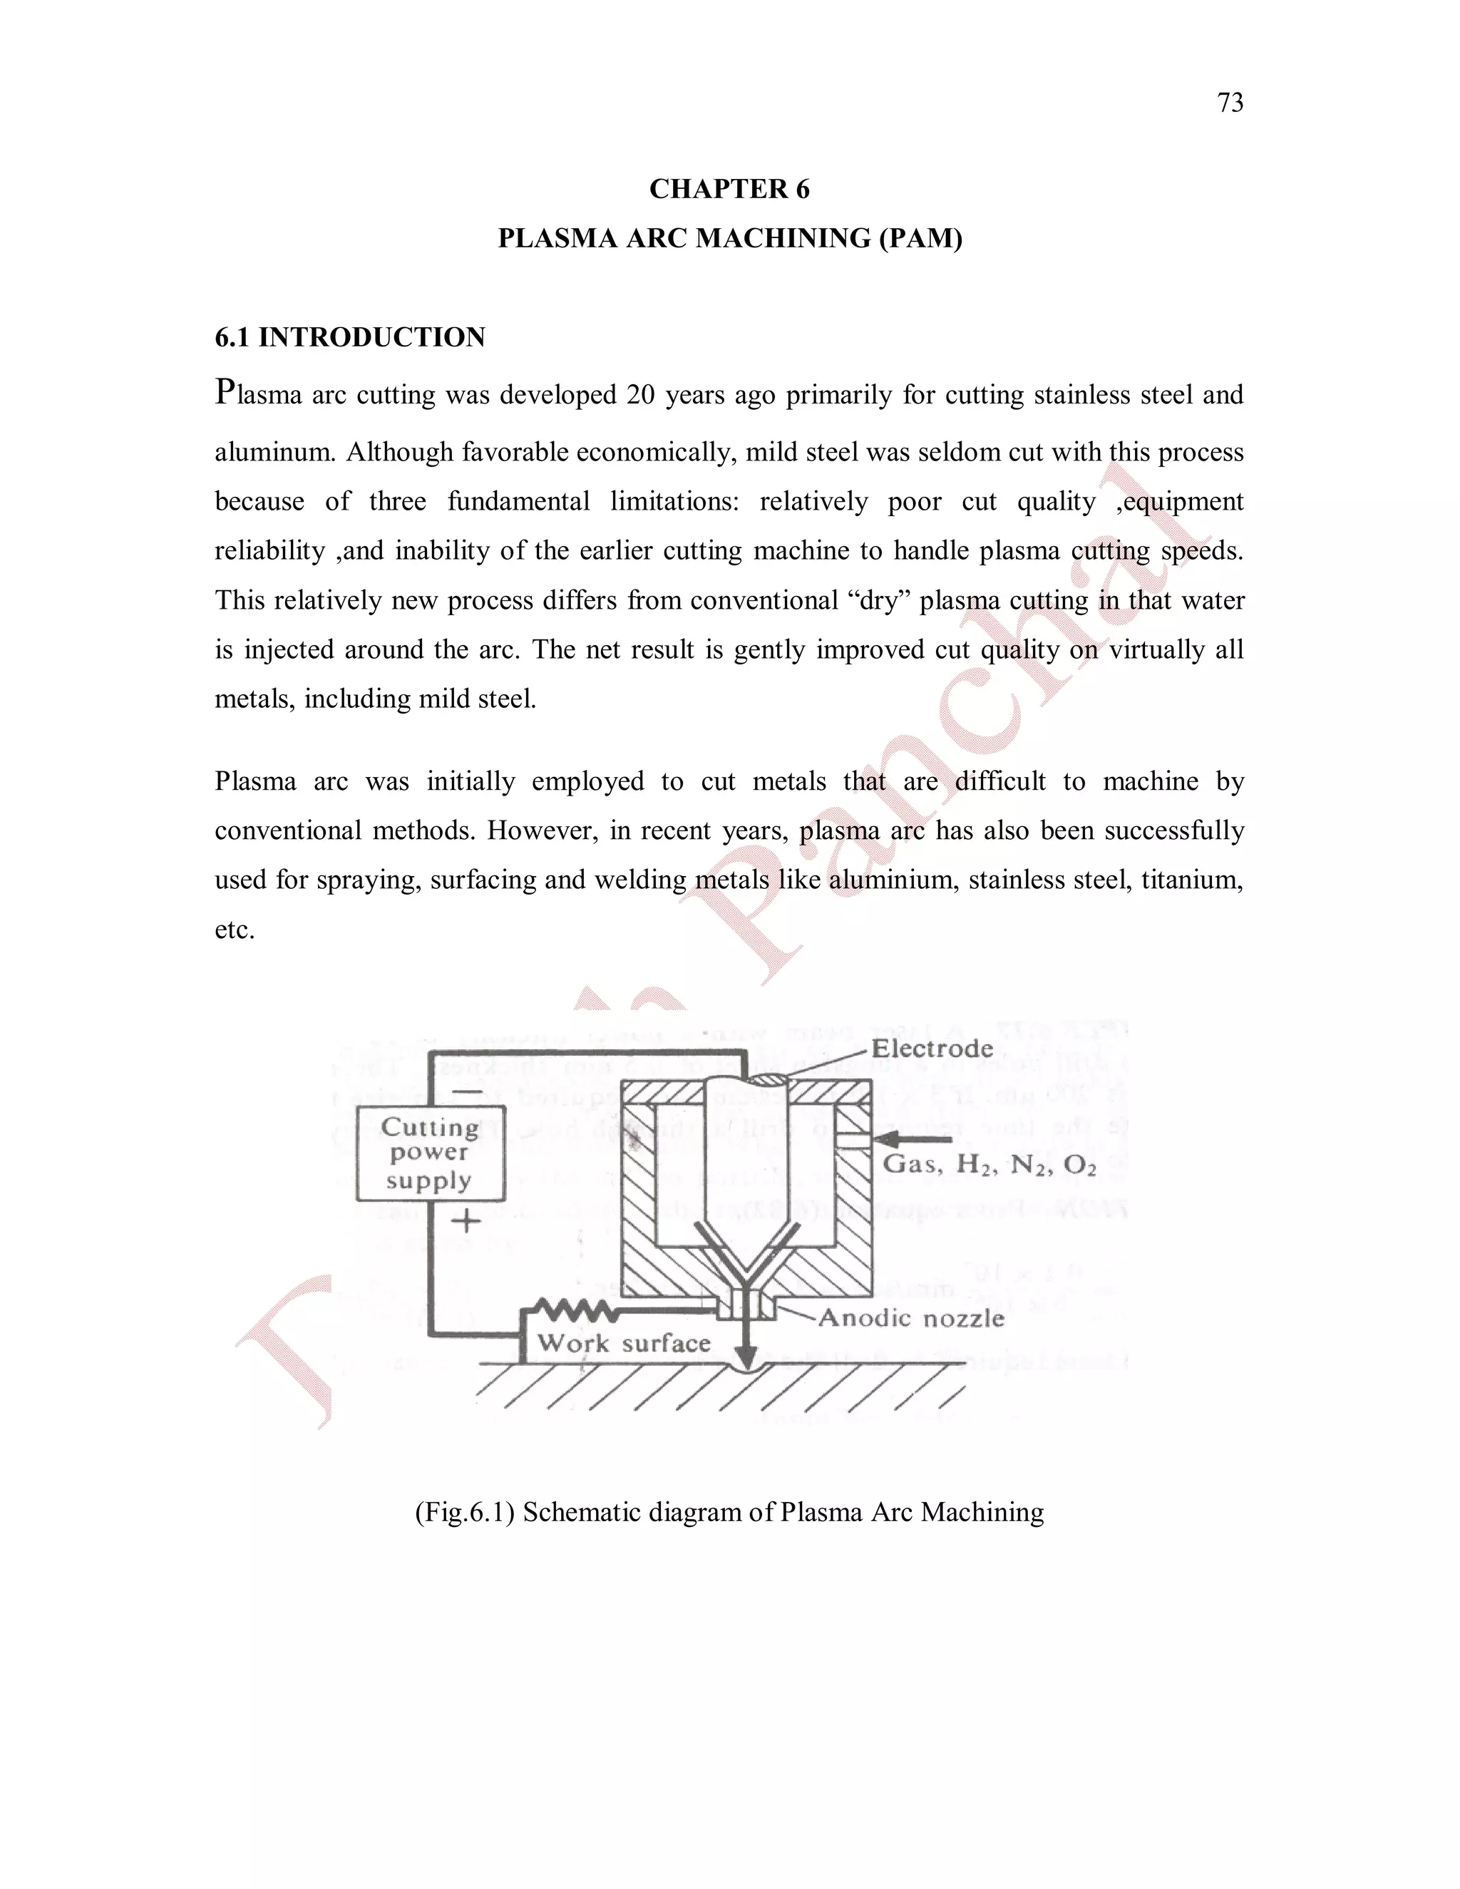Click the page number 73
coord(1230,103)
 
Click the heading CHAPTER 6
coord(729,190)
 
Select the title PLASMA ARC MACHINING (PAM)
coord(729,239)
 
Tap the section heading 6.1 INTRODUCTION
coord(349,337)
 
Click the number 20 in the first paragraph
coord(641,396)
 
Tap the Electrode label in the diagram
coord(932,1049)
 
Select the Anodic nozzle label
coord(911,1318)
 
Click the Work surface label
coord(624,1343)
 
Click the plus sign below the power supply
coord(466,1221)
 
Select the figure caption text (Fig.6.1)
coord(729,1512)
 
